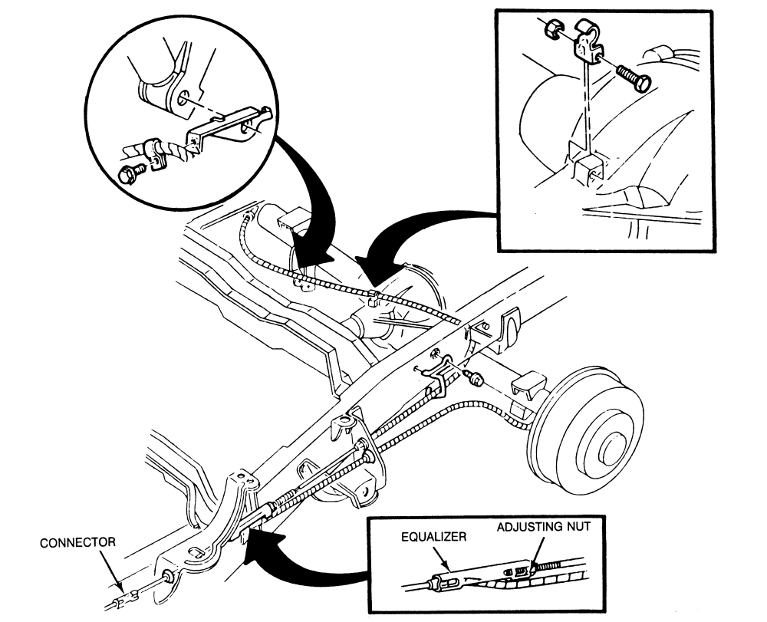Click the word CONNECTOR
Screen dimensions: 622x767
(77, 542)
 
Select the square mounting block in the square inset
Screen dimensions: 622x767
(586, 168)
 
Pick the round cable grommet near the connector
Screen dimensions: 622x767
(166, 577)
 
